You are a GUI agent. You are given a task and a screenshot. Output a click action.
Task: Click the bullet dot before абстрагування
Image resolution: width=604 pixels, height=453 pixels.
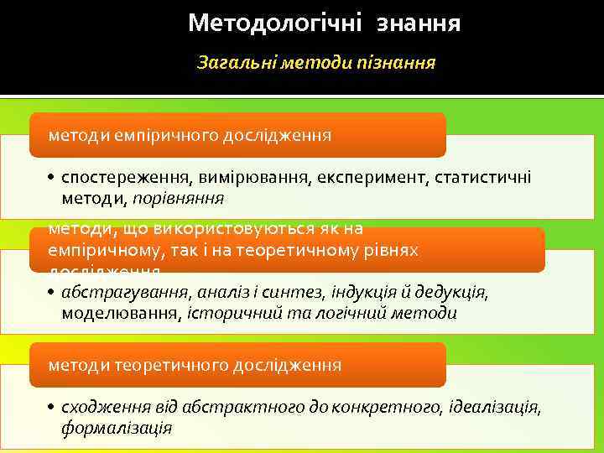pyautogui.click(x=51, y=293)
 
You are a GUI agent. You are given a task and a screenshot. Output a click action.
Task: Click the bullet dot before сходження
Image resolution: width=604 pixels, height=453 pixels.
pyautogui.click(x=51, y=408)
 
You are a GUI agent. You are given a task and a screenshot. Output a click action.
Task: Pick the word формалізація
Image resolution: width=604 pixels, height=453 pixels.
pyautogui.click(x=117, y=428)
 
